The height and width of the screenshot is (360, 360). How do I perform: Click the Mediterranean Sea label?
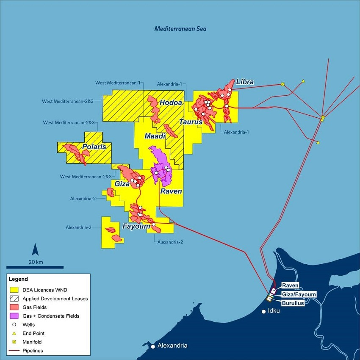click(180, 29)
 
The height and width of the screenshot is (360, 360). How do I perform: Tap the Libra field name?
click(245, 82)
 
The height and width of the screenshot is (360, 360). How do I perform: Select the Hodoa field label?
click(171, 102)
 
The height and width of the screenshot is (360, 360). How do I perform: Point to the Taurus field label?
click(190, 122)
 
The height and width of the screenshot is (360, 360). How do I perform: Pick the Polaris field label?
click(97, 147)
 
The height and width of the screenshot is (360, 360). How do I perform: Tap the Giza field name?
click(122, 184)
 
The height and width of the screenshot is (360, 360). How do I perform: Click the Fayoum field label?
click(136, 227)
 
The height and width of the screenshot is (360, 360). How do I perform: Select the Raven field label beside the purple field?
click(171, 191)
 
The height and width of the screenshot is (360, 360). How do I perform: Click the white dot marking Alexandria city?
click(153, 346)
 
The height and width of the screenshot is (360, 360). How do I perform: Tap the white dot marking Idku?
click(263, 312)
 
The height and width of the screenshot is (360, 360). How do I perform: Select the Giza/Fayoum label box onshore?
click(299, 294)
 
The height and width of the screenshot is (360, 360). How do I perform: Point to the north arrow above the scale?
click(36, 250)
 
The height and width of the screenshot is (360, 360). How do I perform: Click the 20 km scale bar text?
click(36, 262)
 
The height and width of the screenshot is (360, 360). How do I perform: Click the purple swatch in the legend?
click(14, 316)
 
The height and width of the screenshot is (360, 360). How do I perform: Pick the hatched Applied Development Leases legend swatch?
click(14, 299)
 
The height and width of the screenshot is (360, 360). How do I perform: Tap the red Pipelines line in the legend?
click(14, 351)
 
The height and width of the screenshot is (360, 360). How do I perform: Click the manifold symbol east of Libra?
click(282, 84)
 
